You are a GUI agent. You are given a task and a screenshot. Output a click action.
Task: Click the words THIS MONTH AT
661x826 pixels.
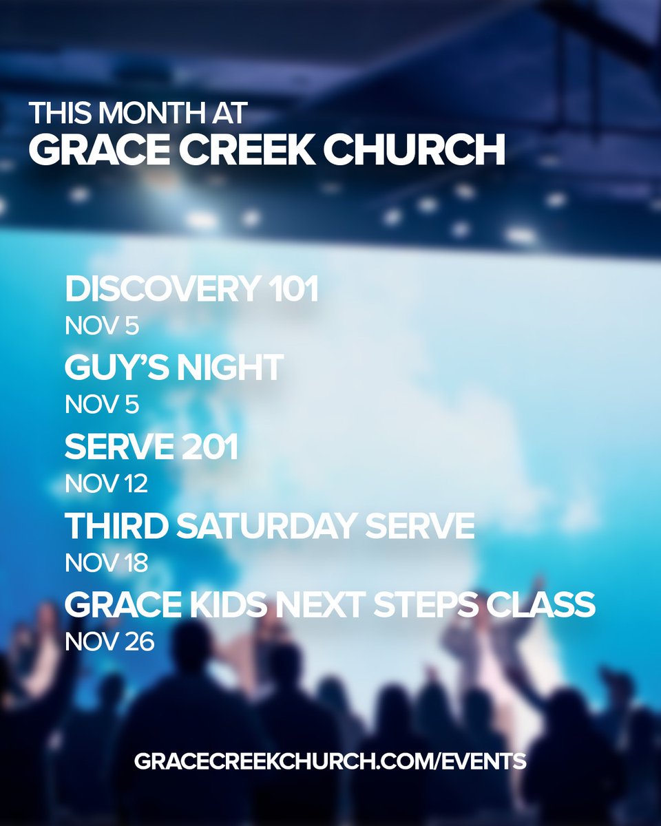coord(137,114)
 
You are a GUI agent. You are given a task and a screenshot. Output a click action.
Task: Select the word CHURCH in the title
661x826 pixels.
coord(415,150)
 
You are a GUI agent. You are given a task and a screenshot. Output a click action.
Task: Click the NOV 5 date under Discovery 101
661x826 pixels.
coord(102,326)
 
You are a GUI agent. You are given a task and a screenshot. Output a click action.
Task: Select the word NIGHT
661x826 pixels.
coord(230,368)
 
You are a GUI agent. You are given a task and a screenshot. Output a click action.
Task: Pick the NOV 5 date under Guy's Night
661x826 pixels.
coord(102,405)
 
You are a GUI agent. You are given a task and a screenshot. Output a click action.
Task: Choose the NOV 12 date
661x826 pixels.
coord(106,484)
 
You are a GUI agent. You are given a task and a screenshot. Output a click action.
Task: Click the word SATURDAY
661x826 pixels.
coord(269,527)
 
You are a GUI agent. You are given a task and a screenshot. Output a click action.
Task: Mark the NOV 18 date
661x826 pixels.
coord(106,563)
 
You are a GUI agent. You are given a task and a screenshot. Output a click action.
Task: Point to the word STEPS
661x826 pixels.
coord(428,606)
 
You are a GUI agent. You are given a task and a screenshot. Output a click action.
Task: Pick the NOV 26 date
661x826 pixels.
coord(109,642)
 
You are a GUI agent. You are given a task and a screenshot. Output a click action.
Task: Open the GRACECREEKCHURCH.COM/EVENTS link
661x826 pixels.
coord(330,761)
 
